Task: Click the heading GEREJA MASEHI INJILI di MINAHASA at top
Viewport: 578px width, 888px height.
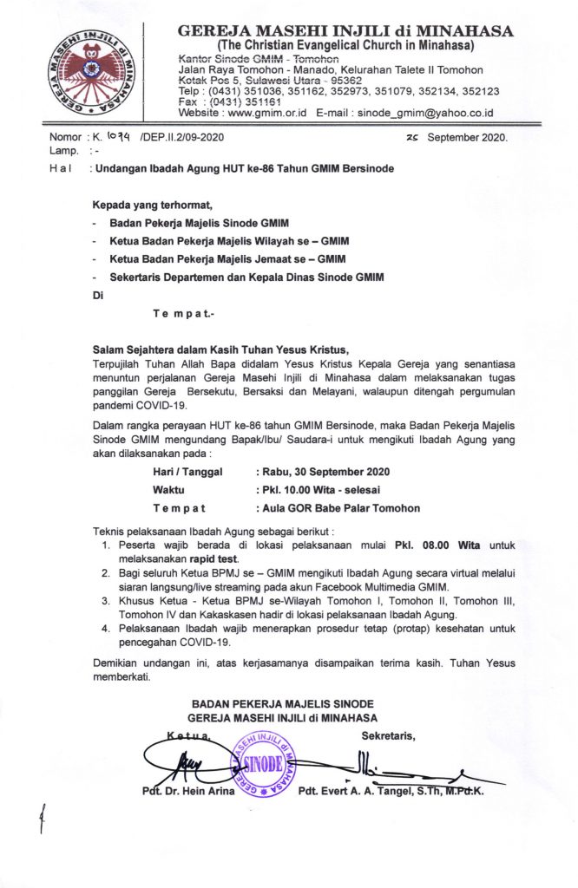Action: click(345, 31)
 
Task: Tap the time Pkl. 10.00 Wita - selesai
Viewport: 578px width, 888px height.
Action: click(313, 490)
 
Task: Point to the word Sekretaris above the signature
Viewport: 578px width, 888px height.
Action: click(388, 737)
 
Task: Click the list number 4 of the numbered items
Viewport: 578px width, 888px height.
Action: click(105, 628)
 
